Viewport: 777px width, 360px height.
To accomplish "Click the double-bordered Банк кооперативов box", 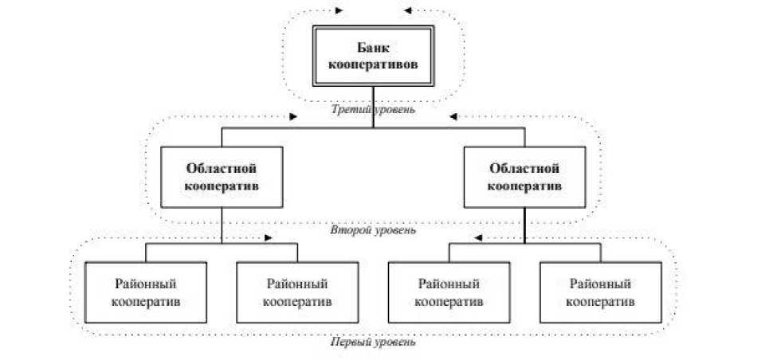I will pos(374,57).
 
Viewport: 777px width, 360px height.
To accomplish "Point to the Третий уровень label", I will pos(373,110).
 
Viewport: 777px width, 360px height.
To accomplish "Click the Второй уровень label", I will pos(372,231).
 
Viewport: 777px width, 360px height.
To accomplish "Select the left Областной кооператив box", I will pos(223,179).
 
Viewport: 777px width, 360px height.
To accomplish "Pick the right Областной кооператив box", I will pos(524,179).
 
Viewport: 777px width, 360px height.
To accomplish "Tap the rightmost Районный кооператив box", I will pos(599,292).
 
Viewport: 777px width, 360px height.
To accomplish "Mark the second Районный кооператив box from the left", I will pos(297,292).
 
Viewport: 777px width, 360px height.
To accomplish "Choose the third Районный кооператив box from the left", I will pos(448,292).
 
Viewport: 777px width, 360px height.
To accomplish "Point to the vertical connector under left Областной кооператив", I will pos(223,225).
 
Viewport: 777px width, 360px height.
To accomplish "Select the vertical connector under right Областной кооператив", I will pos(524,225).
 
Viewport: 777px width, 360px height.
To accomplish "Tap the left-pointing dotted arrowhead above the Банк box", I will pos(408,11).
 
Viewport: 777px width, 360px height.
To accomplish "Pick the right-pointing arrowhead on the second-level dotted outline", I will pos(294,116).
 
